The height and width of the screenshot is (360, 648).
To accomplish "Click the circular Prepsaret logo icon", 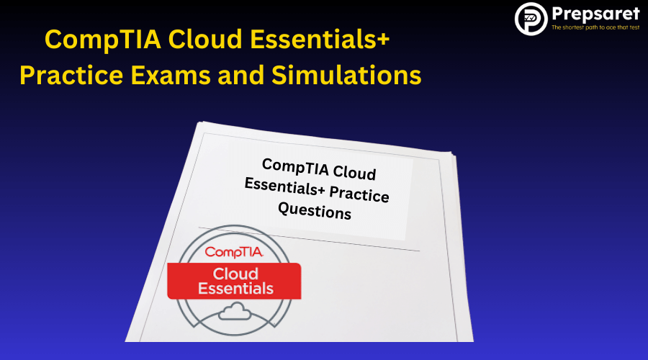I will click(x=531, y=19).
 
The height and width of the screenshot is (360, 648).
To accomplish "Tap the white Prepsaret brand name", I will click(x=595, y=14).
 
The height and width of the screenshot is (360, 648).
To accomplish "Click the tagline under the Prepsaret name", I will click(x=595, y=28).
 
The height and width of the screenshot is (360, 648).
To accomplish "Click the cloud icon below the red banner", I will click(x=235, y=311).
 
